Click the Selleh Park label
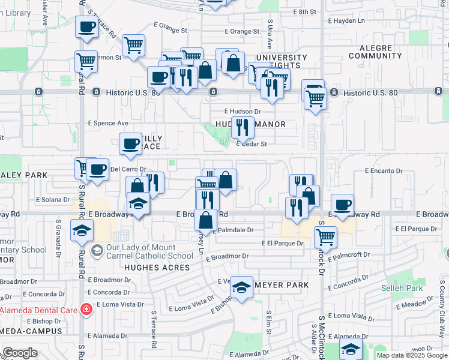coord(402,287)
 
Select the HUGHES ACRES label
coord(157,268)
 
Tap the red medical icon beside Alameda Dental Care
coord(87,310)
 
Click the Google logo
coord(20,353)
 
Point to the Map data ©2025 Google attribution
coord(411,355)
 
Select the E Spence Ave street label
coord(108,123)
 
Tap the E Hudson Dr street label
coord(243,111)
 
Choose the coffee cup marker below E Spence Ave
coord(131,143)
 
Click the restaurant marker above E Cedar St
coord(243,127)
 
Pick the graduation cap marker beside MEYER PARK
coord(242,287)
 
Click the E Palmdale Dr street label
coord(234,229)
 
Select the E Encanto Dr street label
coord(385,170)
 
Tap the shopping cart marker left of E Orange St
coord(133,44)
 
